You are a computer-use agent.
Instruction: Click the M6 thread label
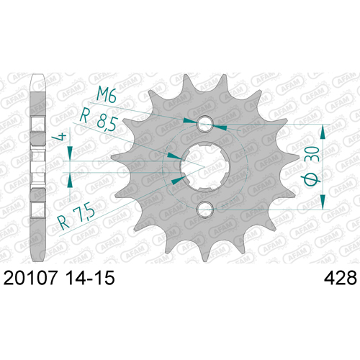[x=107, y=95]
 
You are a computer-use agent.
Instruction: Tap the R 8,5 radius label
[x=98, y=120]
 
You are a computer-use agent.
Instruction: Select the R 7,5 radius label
[x=76, y=215]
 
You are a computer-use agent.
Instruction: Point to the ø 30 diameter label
[x=312, y=167]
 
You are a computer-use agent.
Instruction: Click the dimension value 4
[x=59, y=137]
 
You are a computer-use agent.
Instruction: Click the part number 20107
[x=30, y=278]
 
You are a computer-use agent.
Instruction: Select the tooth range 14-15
[x=90, y=278]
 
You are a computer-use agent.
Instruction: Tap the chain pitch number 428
[x=341, y=278]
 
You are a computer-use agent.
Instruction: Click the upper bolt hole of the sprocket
[x=204, y=124]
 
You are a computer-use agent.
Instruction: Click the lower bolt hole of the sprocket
[x=204, y=210]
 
